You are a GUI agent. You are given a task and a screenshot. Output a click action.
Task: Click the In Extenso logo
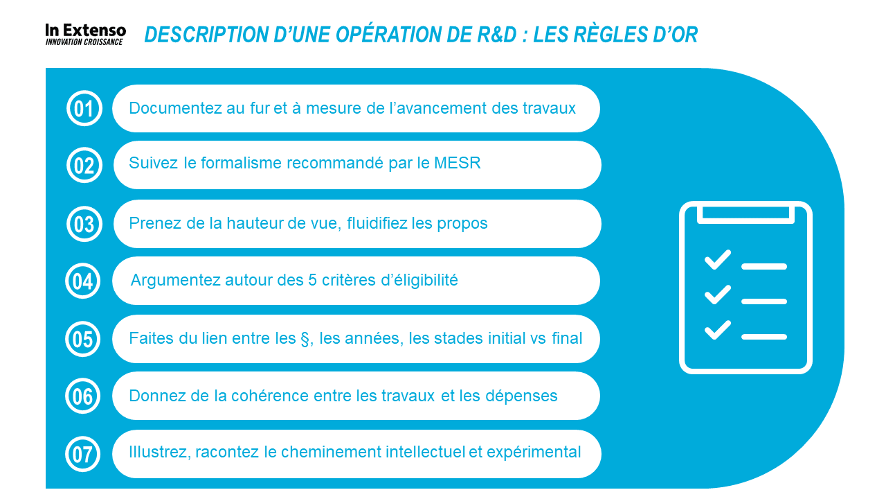85,35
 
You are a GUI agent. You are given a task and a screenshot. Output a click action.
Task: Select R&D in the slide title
496,35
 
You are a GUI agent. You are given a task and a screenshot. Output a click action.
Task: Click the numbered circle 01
84,108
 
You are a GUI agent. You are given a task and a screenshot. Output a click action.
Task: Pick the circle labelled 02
84,165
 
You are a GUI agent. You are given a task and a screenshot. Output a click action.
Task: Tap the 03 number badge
84,224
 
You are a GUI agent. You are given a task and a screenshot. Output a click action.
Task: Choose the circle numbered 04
82,281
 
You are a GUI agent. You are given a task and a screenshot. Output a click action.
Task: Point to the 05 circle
82,339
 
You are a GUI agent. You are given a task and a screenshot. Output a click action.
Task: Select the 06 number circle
82,396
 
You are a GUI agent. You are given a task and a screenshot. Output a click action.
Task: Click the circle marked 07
82,454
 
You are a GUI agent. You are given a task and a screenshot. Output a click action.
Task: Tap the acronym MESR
458,163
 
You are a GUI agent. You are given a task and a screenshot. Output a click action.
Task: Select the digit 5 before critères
312,280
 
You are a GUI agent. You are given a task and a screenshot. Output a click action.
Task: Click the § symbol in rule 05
305,339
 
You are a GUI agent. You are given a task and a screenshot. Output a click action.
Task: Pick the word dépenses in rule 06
521,396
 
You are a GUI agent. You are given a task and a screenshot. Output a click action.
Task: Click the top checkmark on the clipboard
718,260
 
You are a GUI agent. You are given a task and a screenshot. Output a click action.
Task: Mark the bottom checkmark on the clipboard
718,330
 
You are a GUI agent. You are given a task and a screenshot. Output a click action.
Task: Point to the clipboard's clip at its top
745,214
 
